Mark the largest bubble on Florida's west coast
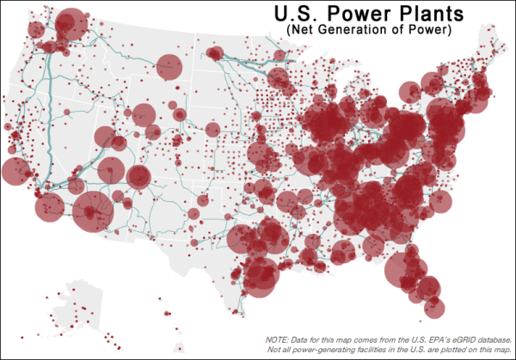pos(400,269)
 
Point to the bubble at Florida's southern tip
pos(434,308)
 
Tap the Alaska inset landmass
pos(86,309)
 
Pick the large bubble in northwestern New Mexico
pos(138,176)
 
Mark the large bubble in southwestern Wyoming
pos(143,114)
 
